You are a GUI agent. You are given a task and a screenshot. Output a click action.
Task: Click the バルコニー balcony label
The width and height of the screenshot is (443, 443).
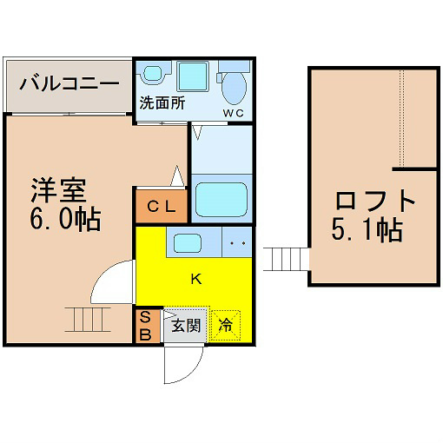point(69,83)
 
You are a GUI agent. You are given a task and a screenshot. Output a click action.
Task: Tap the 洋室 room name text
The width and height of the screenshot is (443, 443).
point(59,190)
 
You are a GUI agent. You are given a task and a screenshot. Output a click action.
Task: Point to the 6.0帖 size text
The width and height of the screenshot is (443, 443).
point(66,219)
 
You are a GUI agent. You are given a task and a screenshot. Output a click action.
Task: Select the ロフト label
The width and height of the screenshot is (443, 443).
point(375,201)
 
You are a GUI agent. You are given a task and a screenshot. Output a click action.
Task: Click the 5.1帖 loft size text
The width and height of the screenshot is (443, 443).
point(367,230)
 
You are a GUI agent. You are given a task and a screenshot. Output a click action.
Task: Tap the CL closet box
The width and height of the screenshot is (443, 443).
point(162,206)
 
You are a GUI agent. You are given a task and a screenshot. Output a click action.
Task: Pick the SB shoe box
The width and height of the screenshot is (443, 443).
point(148,326)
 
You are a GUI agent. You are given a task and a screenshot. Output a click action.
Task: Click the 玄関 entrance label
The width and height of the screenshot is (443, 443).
point(186,327)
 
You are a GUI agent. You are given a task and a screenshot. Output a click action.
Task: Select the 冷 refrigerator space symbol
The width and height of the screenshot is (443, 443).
point(226,325)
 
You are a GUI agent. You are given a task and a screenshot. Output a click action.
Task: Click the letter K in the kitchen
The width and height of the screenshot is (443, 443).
point(196,280)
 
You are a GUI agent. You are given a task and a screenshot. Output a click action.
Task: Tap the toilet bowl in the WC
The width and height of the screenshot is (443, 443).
point(234,88)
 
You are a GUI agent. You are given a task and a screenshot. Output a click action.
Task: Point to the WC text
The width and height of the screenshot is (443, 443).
point(233,114)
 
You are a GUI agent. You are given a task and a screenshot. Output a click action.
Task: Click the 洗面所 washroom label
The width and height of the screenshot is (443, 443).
point(162,102)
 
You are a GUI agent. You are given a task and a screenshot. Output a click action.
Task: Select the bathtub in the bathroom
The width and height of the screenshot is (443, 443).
point(221,200)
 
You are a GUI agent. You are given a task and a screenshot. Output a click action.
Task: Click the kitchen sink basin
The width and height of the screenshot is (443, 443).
point(188,243)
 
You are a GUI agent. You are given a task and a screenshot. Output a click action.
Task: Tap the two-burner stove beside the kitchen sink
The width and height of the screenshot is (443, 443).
point(237,242)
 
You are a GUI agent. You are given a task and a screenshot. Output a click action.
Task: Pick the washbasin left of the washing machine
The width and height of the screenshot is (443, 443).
point(154,73)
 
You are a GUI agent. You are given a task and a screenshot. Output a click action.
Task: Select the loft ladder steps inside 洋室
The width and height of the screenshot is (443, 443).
point(88,320)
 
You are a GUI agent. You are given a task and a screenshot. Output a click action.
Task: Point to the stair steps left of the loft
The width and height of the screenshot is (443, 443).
point(286,259)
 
